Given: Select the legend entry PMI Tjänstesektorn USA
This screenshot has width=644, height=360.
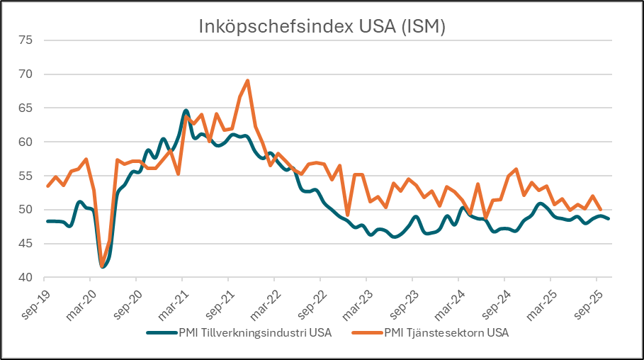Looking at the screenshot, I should [x=446, y=332].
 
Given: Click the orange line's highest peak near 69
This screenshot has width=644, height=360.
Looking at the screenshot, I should [x=247, y=81].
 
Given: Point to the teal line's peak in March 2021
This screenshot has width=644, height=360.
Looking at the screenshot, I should [x=186, y=111].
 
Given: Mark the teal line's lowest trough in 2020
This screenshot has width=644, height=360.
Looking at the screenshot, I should [x=103, y=266].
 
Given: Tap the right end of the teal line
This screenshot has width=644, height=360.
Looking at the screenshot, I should [x=609, y=218].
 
